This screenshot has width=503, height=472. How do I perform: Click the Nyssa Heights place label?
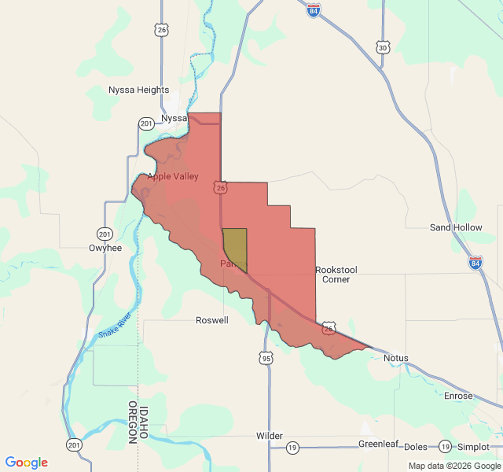[x=139, y=90]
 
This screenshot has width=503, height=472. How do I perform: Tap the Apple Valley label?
[x=173, y=176]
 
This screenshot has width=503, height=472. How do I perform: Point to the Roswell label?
[x=212, y=320]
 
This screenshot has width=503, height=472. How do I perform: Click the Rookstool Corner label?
[x=336, y=275]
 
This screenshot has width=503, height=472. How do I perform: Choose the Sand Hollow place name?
[x=456, y=227]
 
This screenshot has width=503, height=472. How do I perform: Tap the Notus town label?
[x=396, y=358]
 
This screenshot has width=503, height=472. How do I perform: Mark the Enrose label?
[x=458, y=396]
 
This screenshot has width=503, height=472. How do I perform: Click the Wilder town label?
[x=269, y=436]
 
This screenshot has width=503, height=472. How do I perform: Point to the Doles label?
[x=416, y=447]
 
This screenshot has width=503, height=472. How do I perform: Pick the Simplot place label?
[x=473, y=447]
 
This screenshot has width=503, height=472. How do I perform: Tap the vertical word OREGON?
[x=133, y=423]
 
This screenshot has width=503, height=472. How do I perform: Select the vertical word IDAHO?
[x=145, y=423]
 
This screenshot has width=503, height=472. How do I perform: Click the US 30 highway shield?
[x=383, y=47]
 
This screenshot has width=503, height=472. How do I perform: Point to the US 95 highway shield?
[x=266, y=359]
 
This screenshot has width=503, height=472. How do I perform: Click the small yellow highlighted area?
[x=235, y=248]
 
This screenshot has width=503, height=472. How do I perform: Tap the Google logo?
[x=27, y=463]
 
